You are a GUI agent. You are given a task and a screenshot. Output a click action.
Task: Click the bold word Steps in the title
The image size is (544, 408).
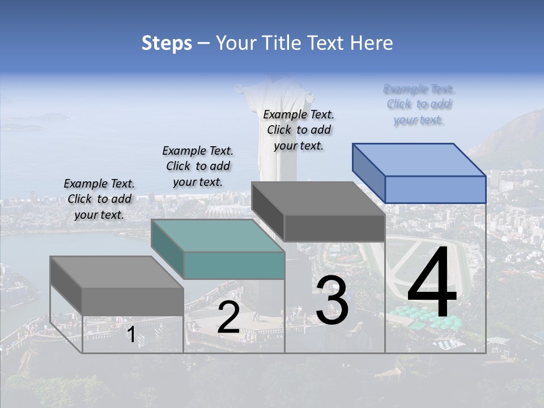tap(166, 43)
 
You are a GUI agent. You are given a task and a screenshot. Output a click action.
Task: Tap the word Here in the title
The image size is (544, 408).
tap(372, 43)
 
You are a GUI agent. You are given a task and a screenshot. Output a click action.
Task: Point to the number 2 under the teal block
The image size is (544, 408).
tap(228, 317)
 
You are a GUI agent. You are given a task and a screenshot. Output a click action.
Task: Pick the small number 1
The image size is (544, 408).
tap(131, 335)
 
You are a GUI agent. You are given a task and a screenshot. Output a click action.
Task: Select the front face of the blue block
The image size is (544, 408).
tap(435, 189)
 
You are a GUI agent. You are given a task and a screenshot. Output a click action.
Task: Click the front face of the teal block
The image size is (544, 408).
tap(234, 265)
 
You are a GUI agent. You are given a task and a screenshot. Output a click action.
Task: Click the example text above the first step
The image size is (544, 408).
tap(99, 199)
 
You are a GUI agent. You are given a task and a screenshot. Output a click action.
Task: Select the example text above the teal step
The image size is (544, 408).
tap(198, 166)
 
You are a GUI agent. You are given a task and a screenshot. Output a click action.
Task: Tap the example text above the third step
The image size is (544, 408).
tap(299, 130)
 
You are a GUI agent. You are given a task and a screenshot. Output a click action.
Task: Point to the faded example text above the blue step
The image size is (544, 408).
tap(419, 104)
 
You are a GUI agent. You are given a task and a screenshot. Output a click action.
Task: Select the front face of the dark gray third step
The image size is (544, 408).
tap(334, 228)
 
